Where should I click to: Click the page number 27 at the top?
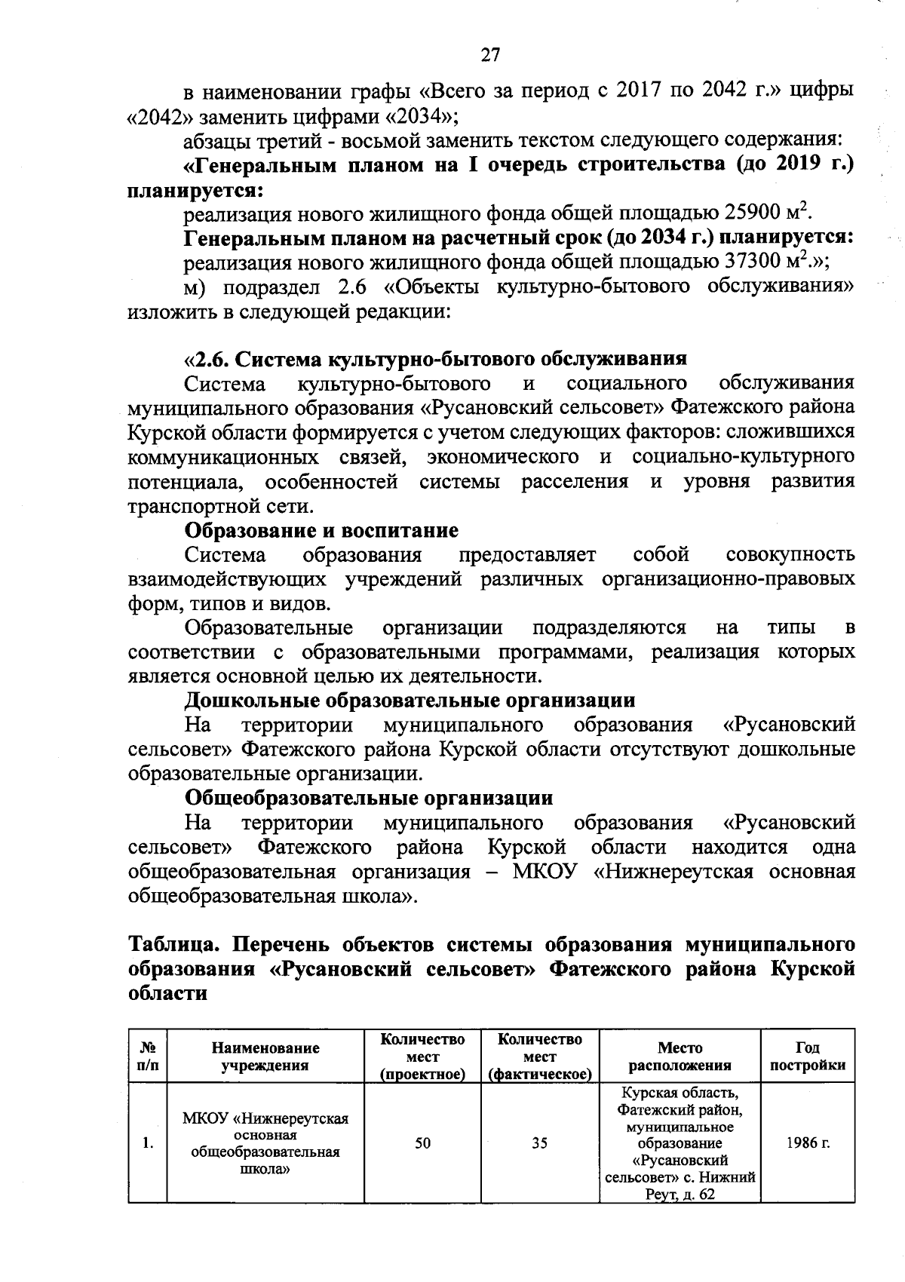[x=490, y=55]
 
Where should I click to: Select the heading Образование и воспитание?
[x=321, y=530]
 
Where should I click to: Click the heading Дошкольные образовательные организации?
[x=410, y=700]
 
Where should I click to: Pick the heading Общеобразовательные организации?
[x=369, y=797]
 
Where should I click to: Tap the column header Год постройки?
[x=807, y=1056]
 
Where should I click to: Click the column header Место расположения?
[x=680, y=1056]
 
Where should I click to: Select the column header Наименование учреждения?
[x=265, y=1056]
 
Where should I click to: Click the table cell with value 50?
[x=422, y=1143]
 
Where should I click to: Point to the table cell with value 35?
[x=539, y=1143]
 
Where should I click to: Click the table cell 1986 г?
[x=807, y=1143]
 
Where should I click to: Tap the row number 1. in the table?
[x=148, y=1143]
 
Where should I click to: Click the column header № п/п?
[x=148, y=1056]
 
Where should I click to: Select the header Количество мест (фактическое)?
[x=539, y=1056]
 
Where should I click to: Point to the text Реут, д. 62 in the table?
[x=680, y=1195]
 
